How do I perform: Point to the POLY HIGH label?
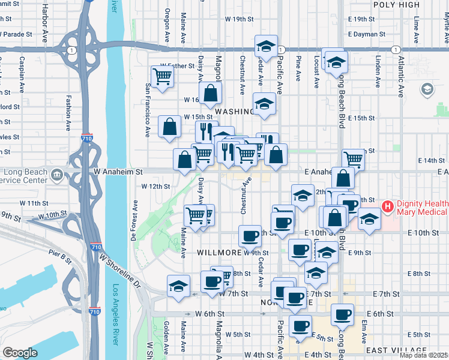tap(396, 5)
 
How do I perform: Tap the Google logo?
tap(20, 353)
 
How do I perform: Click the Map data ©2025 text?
tap(423, 355)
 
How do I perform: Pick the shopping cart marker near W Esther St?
tap(162, 76)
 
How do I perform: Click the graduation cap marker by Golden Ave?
tap(178, 285)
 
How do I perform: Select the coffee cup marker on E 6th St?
tap(343, 313)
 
